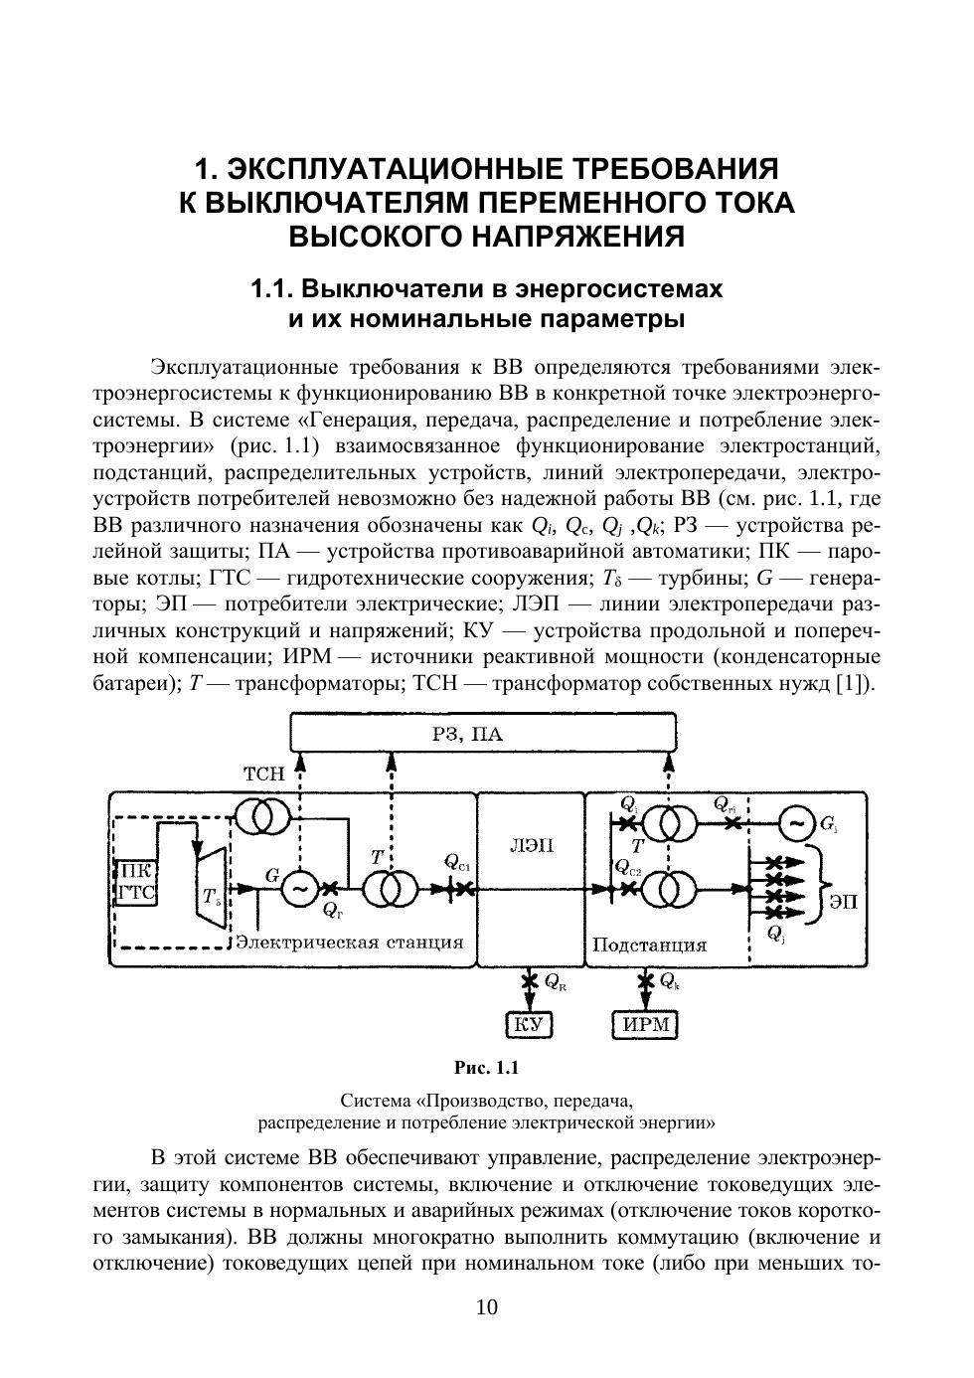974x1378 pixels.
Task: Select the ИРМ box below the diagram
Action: [x=644, y=1024]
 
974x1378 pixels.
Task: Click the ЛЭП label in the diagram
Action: [x=531, y=846]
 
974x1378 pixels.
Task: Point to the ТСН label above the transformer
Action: [x=263, y=774]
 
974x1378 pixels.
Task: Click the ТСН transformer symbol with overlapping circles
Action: [x=263, y=817]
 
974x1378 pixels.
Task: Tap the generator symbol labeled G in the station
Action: [x=298, y=889]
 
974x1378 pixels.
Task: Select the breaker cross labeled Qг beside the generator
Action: [x=331, y=889]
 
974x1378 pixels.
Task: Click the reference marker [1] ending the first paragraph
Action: [x=854, y=683]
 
